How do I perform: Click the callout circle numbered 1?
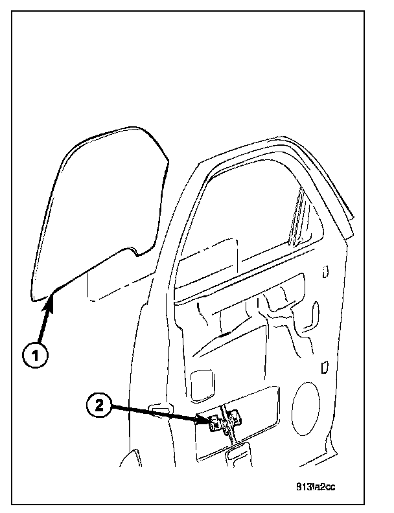37,356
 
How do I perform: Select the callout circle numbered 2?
98,406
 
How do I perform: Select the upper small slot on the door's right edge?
325,271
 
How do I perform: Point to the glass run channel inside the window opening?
299,217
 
